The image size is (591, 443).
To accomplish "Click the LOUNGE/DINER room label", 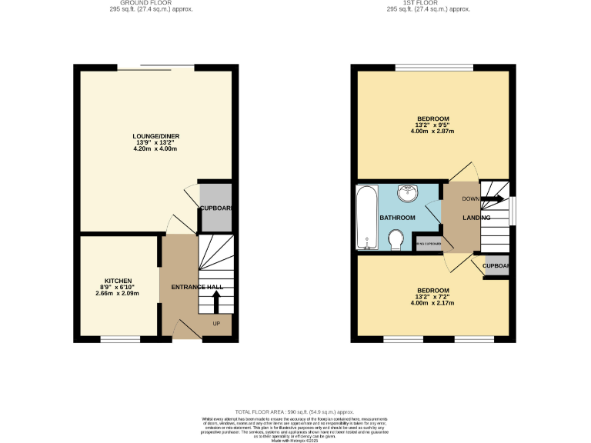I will [155, 136].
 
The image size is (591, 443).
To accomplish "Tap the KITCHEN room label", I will [119, 281].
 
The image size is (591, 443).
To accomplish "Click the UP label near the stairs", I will [216, 323].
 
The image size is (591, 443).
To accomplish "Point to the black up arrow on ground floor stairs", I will [205, 297].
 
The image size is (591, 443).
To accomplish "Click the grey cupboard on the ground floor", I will [215, 208].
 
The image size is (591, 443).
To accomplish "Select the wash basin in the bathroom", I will [405, 192].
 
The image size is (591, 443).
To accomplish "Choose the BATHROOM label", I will [397, 218].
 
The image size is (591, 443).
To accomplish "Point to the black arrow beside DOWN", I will [493, 199].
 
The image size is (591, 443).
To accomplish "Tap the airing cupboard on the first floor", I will [429, 245].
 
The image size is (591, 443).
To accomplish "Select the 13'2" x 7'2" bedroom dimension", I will [434, 296].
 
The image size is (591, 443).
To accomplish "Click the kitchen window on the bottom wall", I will [119, 338].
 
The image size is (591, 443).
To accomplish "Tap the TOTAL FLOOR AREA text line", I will [295, 413].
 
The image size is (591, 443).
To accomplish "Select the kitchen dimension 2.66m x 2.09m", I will [117, 294].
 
